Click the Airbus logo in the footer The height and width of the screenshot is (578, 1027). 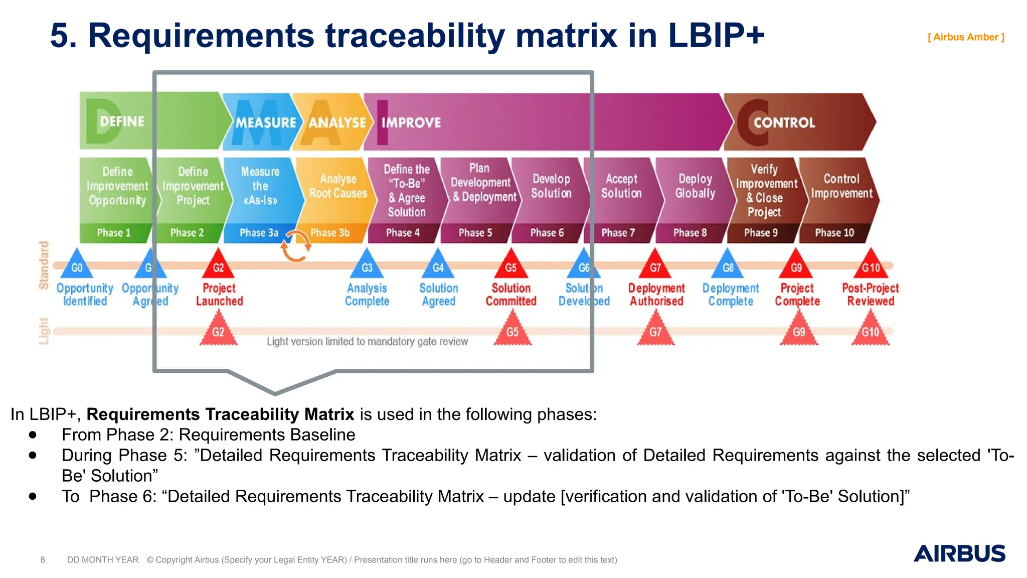click(959, 553)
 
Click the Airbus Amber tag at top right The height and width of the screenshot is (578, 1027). click(965, 37)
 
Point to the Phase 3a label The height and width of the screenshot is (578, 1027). click(259, 233)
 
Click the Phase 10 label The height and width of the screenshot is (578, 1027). click(834, 233)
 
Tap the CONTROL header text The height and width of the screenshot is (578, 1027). click(784, 122)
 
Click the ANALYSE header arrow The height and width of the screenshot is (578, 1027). click(333, 122)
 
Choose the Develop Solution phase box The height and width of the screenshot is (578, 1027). click(551, 187)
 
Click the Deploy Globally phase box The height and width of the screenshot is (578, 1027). click(695, 187)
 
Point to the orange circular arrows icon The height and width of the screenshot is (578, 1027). click(295, 246)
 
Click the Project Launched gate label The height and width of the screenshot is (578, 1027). click(219, 295)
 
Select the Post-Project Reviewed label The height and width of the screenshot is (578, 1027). click(870, 295)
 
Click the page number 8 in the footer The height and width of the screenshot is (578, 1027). click(43, 559)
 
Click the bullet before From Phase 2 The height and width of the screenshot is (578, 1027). click(33, 435)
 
